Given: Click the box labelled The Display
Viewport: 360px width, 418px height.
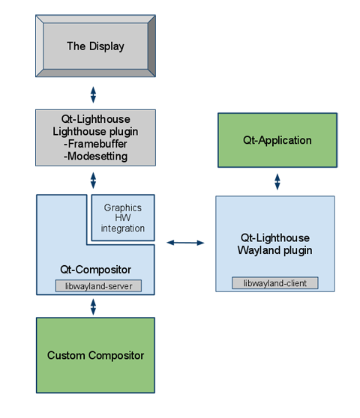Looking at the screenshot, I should pos(95,46).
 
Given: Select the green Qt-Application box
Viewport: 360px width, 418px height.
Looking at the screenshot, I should pos(277,140).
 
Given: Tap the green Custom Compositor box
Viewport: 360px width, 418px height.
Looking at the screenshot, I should pos(95,355).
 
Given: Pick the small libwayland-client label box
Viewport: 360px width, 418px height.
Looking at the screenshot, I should pos(274,282).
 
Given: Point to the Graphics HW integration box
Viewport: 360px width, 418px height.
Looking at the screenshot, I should pos(123,217).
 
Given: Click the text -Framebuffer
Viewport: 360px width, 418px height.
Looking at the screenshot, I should pos(94,145).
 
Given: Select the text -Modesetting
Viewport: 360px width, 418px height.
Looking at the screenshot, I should pos(94,156).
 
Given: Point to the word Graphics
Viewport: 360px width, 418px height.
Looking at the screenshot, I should pos(123,208).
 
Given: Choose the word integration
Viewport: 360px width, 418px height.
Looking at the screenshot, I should pos(123,228).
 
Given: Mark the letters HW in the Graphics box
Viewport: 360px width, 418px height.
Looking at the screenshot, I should pos(123,218).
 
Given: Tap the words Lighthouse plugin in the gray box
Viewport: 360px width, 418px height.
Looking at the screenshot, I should pos(94,132).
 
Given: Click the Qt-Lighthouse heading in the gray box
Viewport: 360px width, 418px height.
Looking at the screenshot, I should pos(94,120).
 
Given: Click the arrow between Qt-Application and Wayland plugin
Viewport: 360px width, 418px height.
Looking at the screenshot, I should pos(277,181).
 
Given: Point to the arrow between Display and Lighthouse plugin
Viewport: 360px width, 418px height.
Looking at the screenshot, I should pos(95,92).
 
